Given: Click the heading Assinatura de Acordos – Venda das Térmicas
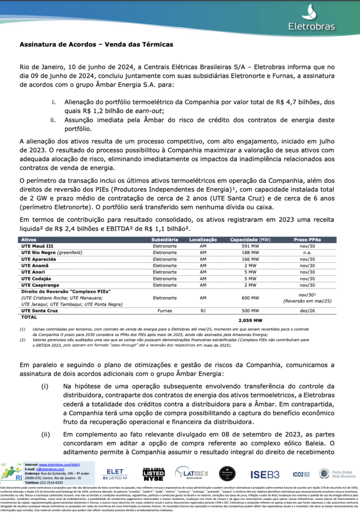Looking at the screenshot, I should point(96,44).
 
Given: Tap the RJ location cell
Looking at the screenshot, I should point(203,311).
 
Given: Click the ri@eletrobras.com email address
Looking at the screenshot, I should point(49,469).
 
